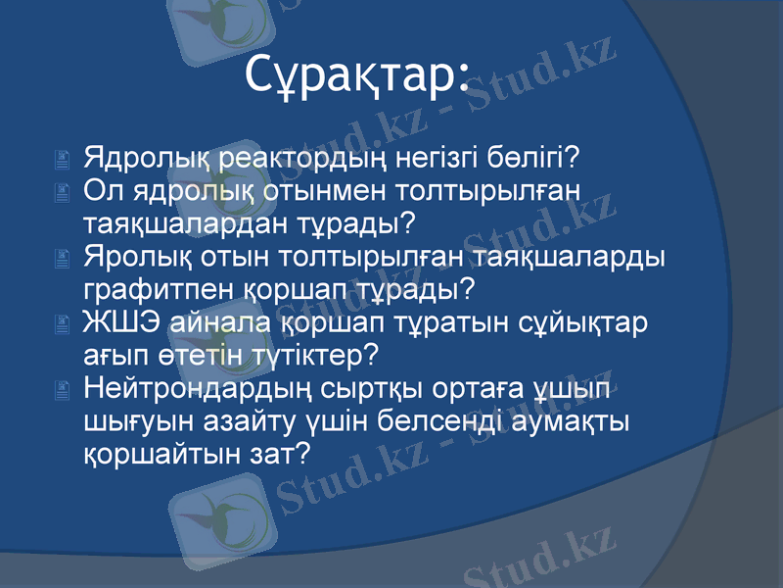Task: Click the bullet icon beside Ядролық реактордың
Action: pos(64,158)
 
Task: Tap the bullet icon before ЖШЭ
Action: pos(64,322)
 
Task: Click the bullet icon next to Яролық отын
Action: pos(64,258)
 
